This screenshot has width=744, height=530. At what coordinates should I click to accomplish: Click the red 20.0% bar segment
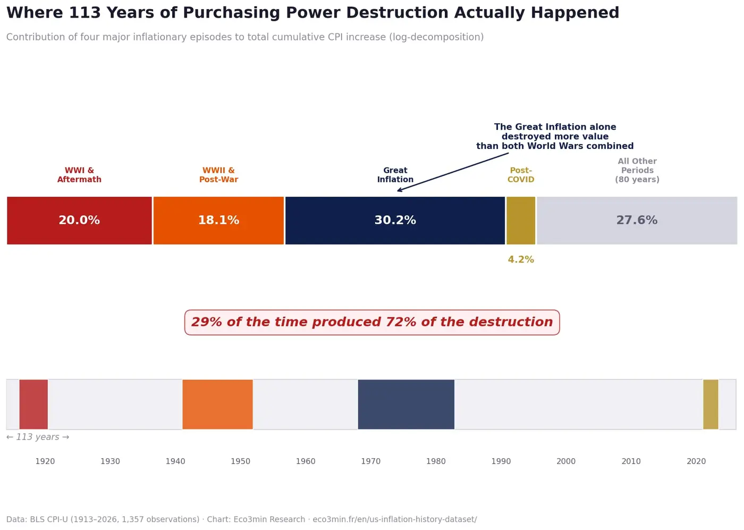coord(79,221)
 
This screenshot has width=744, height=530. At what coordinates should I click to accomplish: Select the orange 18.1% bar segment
coord(218,221)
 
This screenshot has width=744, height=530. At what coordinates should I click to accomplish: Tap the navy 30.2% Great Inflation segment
coord(395,221)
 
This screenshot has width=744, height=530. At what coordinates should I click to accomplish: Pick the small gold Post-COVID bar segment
coord(521,221)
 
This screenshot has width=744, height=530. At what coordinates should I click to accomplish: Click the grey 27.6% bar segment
coord(637,221)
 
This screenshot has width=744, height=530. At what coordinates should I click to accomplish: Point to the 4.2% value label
coord(521,260)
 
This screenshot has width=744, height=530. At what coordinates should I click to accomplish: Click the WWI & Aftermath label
coord(79,175)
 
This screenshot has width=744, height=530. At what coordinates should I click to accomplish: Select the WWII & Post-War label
coord(218,175)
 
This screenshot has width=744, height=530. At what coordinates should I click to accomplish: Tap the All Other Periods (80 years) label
coord(637,171)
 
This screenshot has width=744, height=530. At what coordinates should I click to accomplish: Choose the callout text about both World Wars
coord(555,137)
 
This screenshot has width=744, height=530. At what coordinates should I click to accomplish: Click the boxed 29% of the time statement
coord(372,323)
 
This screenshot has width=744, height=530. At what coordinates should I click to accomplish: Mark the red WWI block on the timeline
coord(33,405)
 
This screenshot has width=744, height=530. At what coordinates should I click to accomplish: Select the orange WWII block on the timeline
coord(217,405)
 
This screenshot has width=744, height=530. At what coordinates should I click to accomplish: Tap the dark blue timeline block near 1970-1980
coord(406,405)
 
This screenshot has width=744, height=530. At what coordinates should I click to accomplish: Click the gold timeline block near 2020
coord(711,405)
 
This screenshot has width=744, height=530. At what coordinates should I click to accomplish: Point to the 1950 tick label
coord(240,461)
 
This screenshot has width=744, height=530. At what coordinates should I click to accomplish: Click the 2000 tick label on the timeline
coord(566,461)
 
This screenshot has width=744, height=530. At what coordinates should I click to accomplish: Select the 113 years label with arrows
coord(38,438)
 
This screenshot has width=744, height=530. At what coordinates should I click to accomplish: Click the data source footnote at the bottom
coord(241,519)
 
